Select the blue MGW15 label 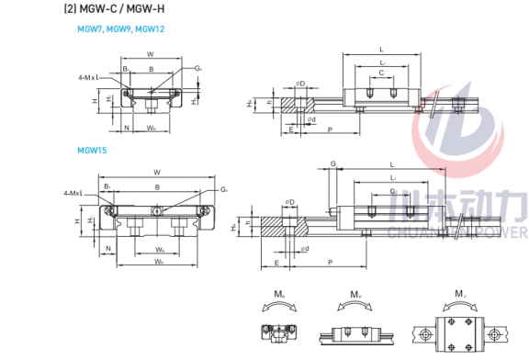point(90,149)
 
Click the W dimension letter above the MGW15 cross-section point(157,172)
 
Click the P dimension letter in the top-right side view point(329,131)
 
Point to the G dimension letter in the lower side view point(332,163)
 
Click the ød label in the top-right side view point(311,119)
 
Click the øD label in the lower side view point(290,201)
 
